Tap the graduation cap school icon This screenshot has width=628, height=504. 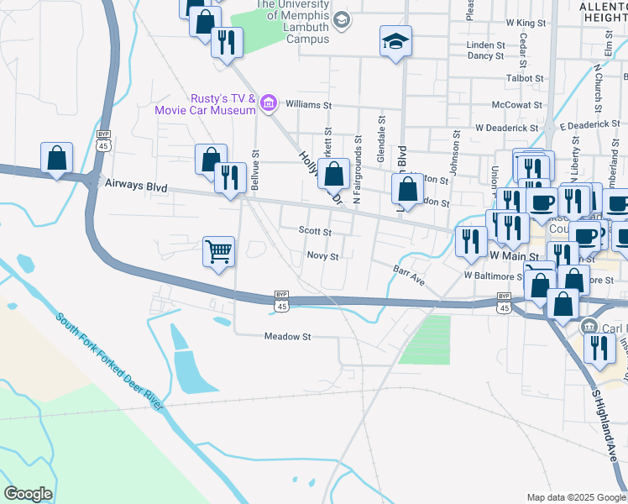click(396, 40)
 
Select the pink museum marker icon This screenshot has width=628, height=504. click(269, 103)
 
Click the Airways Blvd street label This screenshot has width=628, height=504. click(137, 188)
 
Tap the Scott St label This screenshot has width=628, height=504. click(316, 231)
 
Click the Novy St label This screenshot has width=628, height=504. click(322, 256)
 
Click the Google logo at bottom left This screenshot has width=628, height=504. click(28, 494)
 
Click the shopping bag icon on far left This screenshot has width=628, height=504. click(56, 157)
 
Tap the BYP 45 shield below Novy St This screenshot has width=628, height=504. click(282, 302)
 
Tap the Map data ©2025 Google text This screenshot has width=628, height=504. click(575, 497)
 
